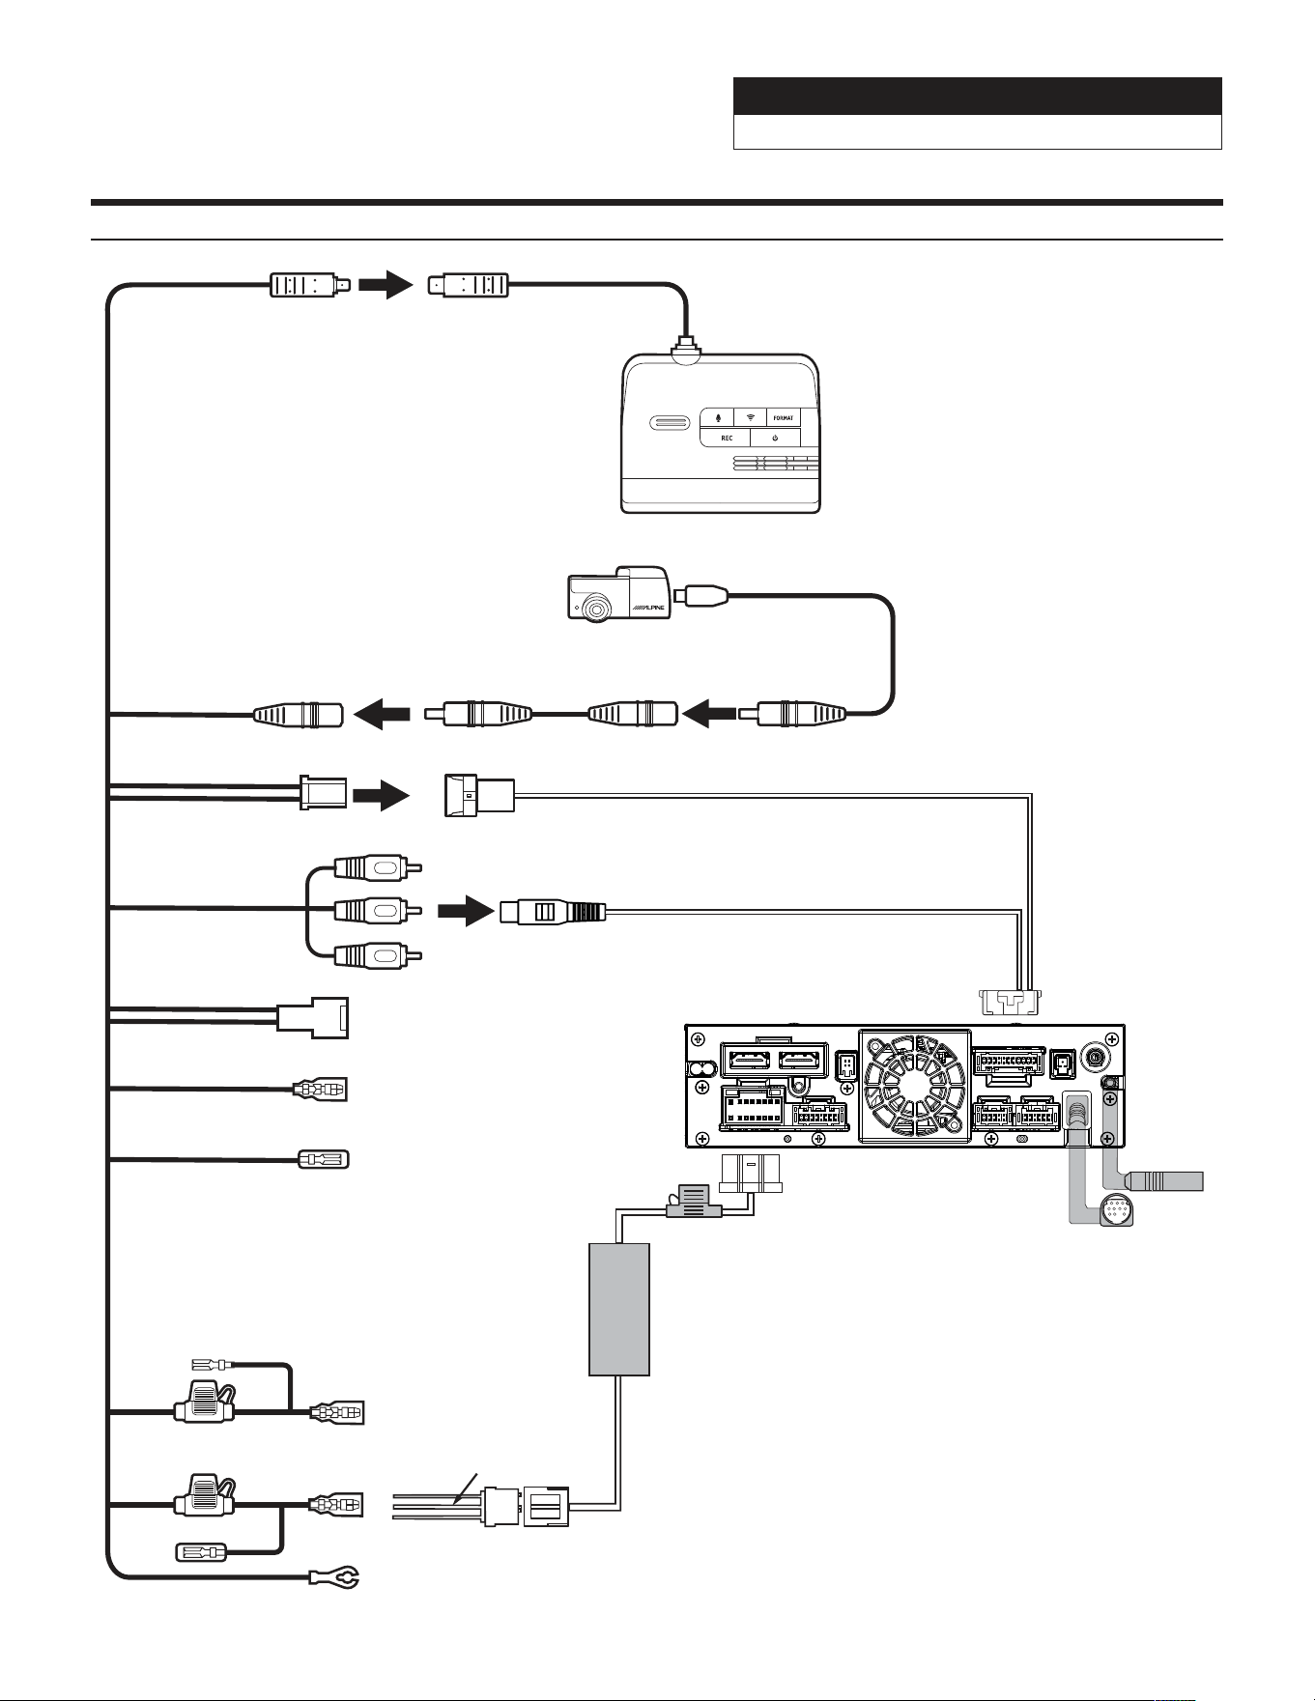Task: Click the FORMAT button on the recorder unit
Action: point(784,417)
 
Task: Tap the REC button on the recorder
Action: point(726,438)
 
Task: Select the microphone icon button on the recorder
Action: point(718,417)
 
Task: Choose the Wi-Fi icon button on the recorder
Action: point(751,417)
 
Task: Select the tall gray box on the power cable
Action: point(619,1309)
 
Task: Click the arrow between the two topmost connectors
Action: point(386,285)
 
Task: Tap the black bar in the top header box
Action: point(978,97)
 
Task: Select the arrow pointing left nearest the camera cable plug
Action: point(708,715)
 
